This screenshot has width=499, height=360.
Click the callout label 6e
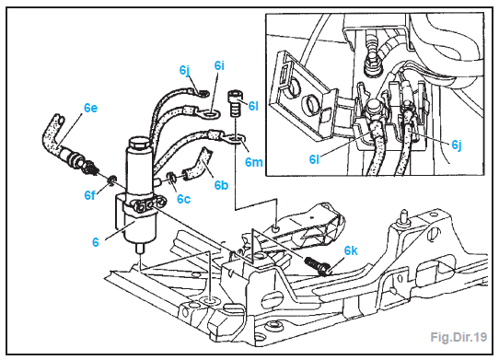(91, 108)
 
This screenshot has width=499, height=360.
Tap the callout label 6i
(219, 65)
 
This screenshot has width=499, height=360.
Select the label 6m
(253, 162)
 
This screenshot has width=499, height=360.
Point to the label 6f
(89, 195)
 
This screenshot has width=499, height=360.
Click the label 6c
(183, 199)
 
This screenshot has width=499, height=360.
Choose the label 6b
(221, 185)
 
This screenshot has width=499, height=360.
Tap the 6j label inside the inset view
(457, 145)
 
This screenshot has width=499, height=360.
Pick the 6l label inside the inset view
(314, 159)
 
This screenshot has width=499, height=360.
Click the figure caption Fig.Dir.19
(458, 337)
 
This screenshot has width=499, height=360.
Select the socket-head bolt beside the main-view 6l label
(234, 104)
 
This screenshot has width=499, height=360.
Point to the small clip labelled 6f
(112, 180)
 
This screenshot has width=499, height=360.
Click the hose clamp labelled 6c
(172, 178)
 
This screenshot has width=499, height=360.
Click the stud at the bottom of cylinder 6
(140, 249)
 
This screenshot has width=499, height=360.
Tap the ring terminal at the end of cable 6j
(203, 93)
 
